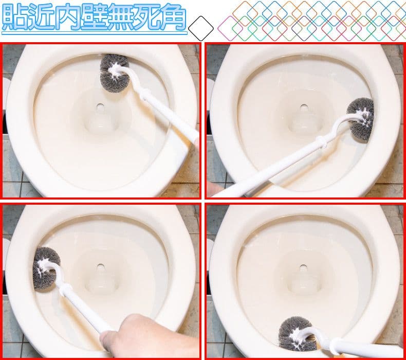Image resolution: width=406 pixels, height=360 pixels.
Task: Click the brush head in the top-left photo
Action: pos(114,72)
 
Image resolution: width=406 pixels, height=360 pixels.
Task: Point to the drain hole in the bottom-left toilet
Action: pos(100,267)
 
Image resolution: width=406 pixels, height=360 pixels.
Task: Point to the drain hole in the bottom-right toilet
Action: pos(303,267)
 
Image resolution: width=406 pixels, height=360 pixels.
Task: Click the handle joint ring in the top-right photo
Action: pos(319,141)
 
